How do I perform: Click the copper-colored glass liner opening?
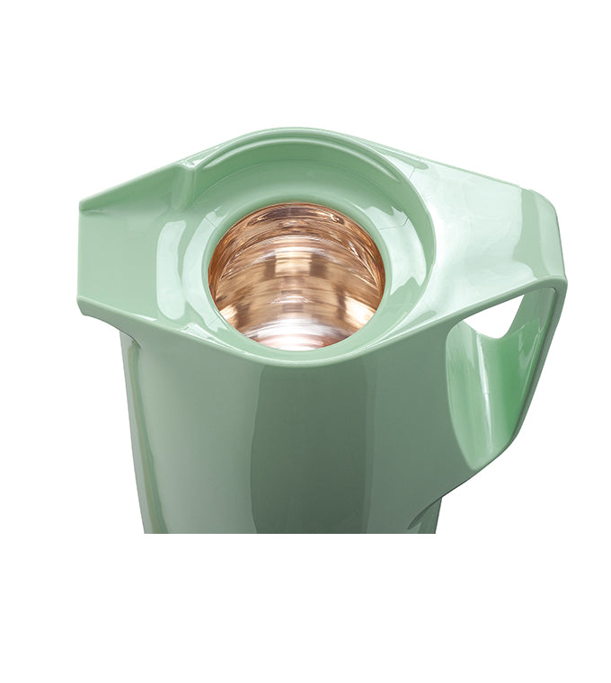pyautogui.click(x=297, y=274)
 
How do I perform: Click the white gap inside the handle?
pyautogui.click(x=499, y=319)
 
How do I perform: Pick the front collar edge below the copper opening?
pyautogui.click(x=288, y=358)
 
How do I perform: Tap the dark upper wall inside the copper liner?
pyautogui.click(x=297, y=225)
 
